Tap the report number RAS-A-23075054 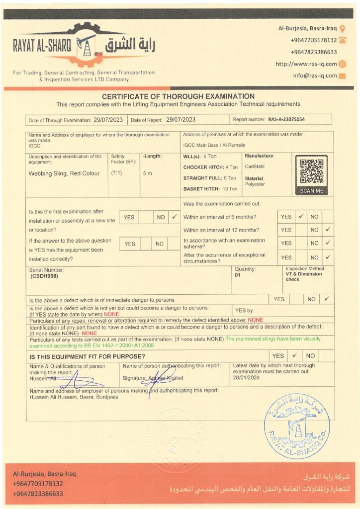point(286,119)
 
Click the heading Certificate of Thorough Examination point(178,96)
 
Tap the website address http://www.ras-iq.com point(306,64)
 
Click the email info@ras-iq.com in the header point(315,76)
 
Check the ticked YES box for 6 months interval point(301,217)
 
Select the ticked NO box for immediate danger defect point(327,299)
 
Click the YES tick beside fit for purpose point(294,356)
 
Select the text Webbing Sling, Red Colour point(64,173)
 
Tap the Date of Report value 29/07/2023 point(180,119)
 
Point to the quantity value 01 point(237,274)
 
